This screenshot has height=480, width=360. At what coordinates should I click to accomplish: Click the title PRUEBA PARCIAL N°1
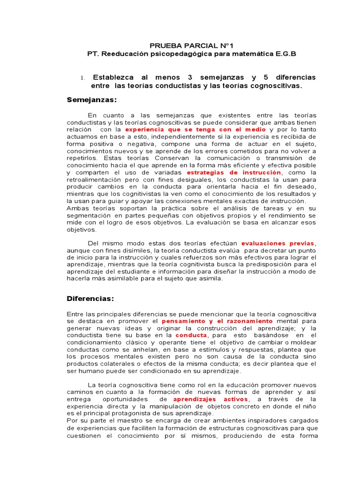coord(184,45)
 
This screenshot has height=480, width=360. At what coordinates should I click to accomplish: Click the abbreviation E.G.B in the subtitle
coord(285,54)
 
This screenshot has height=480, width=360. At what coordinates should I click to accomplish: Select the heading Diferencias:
coord(90,298)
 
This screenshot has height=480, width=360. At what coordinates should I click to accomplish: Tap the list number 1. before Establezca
coord(83,78)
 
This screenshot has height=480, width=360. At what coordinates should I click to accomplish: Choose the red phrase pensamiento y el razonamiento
coord(217,321)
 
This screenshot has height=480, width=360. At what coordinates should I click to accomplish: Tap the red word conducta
coord(191,335)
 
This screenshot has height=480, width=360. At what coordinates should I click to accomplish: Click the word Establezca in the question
coord(113,77)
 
